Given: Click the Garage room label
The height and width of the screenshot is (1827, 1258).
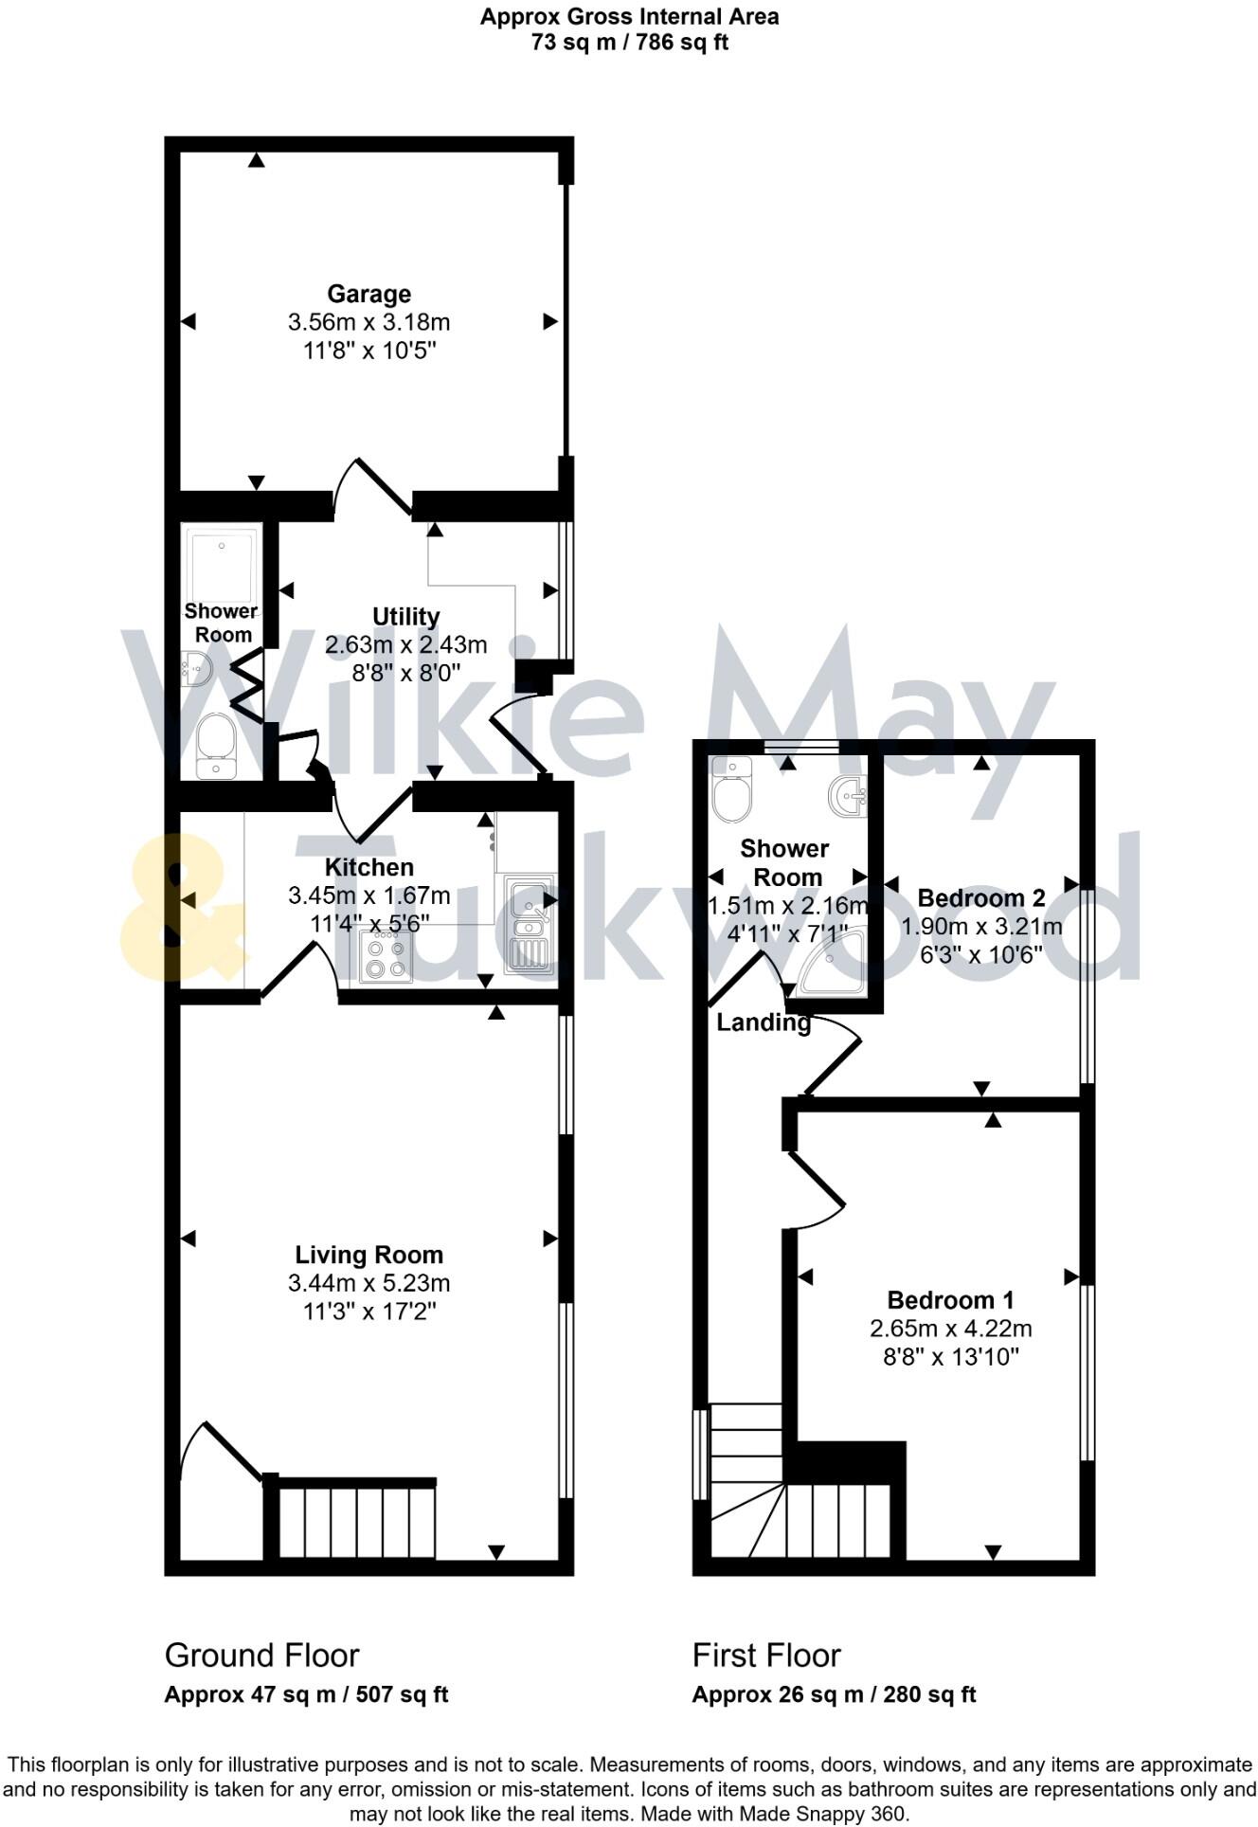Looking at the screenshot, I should pos(368,294).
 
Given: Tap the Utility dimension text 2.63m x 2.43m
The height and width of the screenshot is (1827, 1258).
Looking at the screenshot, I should pos(405,645).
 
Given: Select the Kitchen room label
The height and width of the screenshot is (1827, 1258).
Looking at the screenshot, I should pos(368,867).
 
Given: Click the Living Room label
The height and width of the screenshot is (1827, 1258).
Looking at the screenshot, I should pos(368,1255).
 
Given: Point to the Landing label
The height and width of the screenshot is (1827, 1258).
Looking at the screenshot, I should pos(764,1022).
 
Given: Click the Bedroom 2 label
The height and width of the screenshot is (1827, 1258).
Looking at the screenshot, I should pos(981,897).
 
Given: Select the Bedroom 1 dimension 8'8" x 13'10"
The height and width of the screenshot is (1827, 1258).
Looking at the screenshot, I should pos(950,1357).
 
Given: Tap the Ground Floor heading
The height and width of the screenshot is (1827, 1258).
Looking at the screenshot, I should pos(261,1655).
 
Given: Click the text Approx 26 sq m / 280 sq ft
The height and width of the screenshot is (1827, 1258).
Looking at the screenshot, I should pos(834,1694).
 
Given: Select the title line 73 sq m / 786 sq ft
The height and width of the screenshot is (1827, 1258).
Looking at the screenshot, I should pos(629,42).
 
